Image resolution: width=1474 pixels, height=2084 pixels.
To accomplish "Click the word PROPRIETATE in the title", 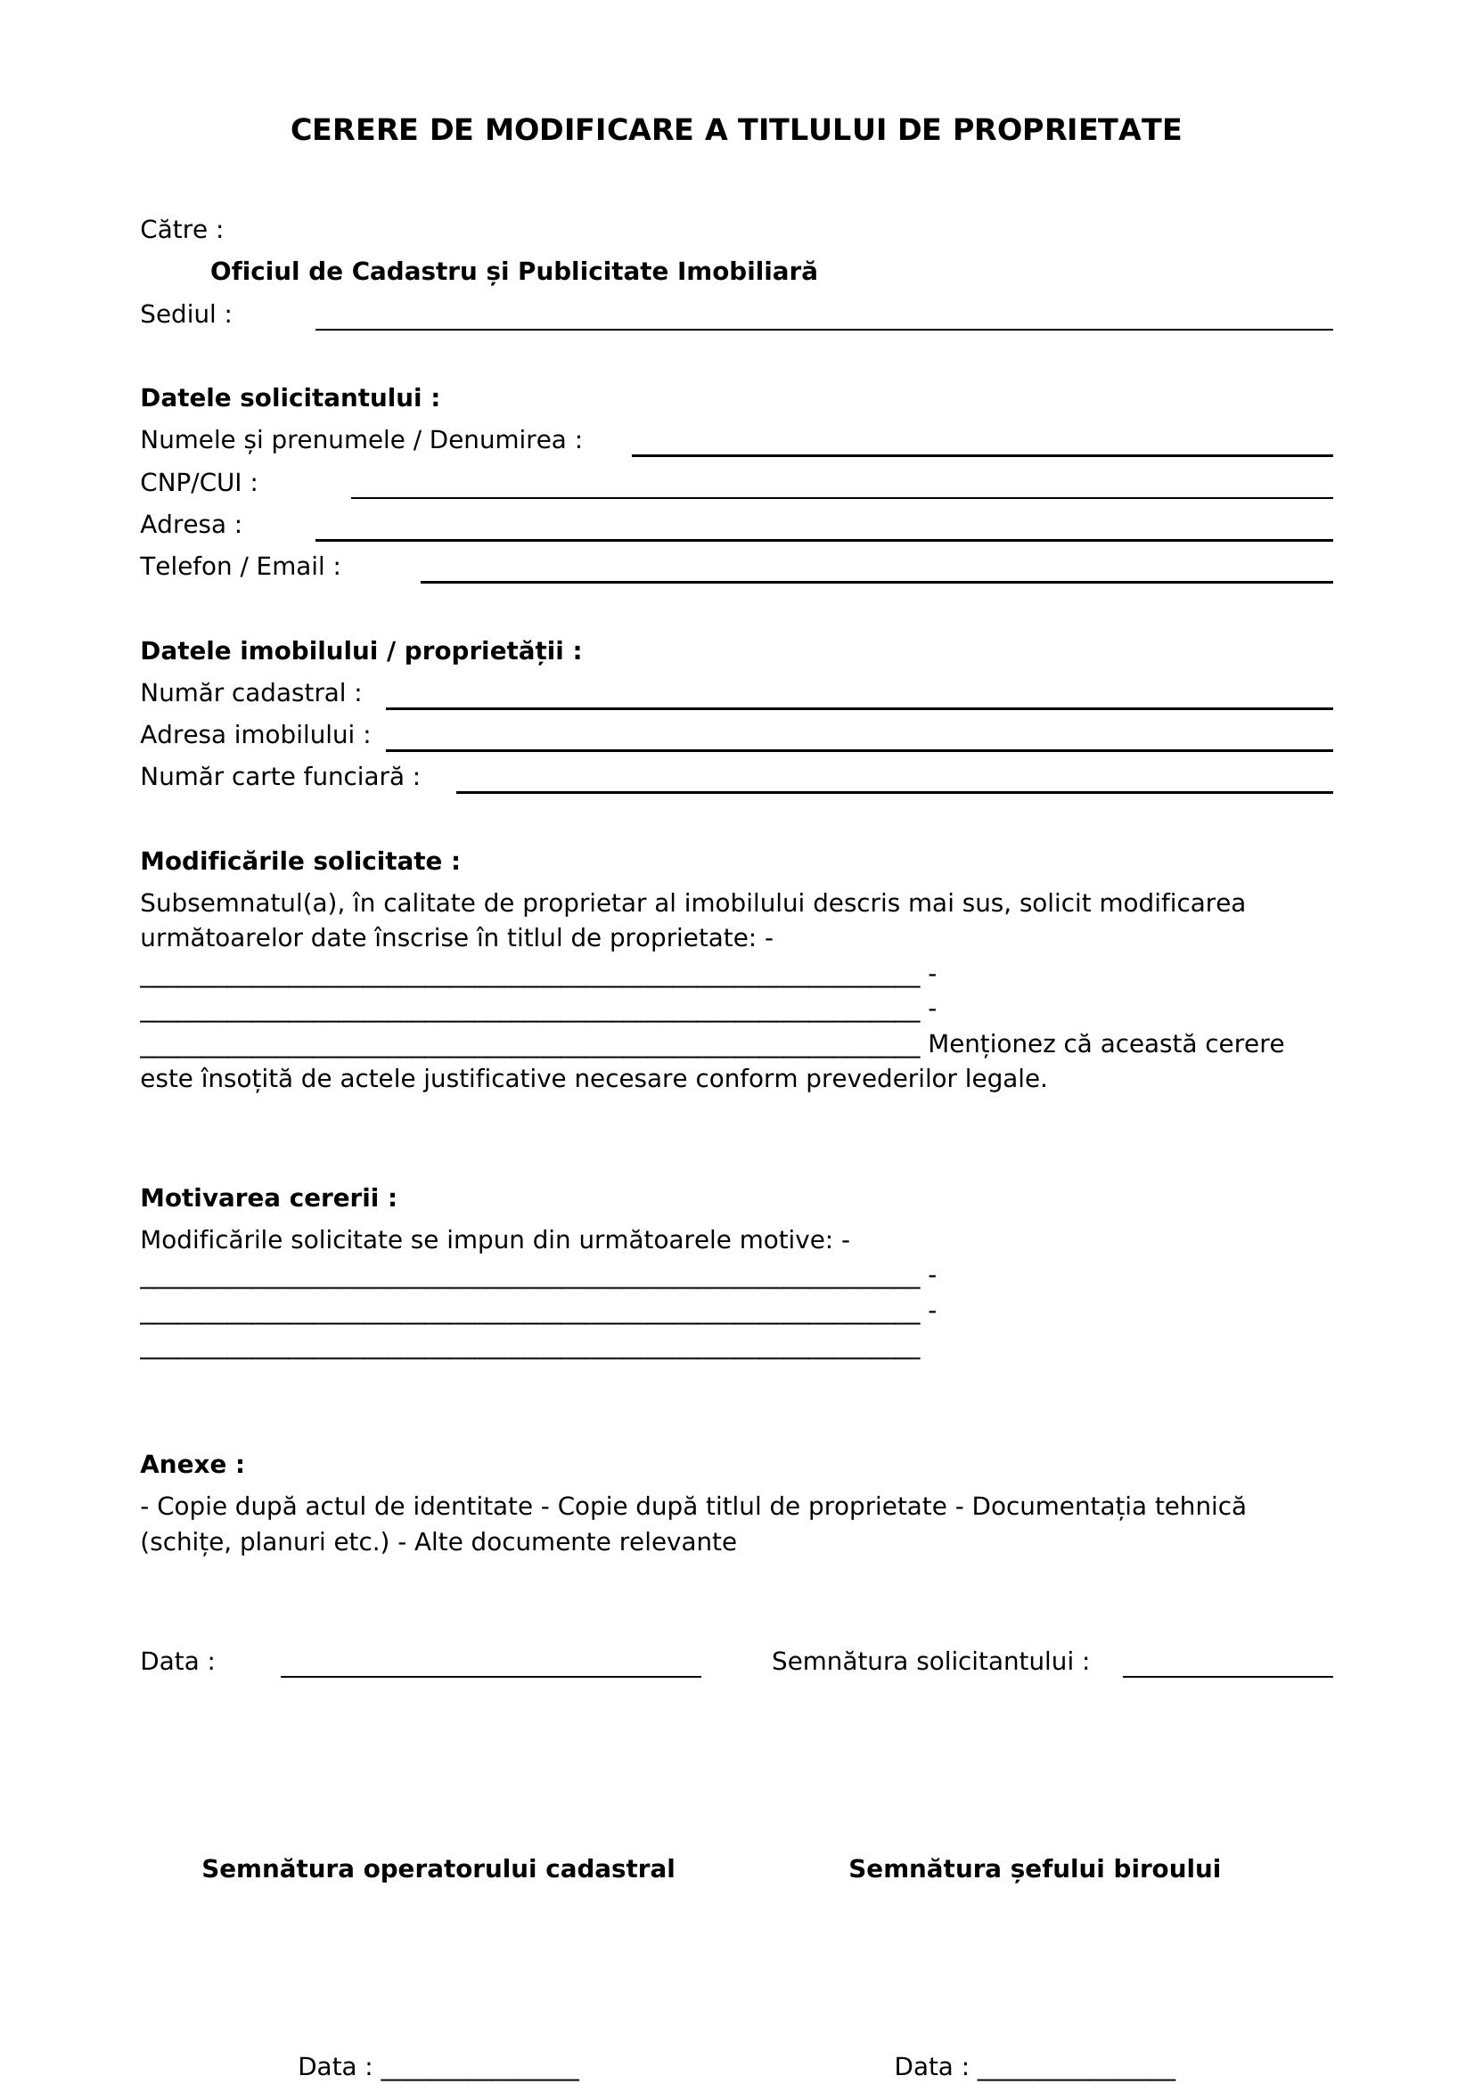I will pos(1067,131).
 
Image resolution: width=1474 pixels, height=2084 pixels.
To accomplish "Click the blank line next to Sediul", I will pos(823,322).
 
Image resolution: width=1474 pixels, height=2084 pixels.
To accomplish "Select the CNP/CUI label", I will pos(199,483).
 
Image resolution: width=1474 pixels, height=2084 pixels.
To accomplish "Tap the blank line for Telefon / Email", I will pos(876,574).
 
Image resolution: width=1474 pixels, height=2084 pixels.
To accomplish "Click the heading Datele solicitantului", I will pos(290,398).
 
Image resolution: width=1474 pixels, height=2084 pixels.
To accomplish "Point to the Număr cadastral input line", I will pos(858,699).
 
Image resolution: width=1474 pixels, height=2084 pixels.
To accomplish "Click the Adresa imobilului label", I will pos(255,735).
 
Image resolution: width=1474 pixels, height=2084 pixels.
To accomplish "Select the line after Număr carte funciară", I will pos(894,784).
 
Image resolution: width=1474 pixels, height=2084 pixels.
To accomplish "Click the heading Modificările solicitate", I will pos(299,862).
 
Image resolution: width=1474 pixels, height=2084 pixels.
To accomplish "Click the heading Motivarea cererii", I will pos(267,1198).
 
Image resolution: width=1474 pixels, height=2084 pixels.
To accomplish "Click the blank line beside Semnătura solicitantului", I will pos(1227,1669).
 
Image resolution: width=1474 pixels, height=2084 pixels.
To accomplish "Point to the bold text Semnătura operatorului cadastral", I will pos(438,1870).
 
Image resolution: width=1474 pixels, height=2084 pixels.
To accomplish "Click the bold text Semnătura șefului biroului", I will pos(1034,1870).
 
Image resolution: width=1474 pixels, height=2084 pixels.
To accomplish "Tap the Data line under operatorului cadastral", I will pos(479,2069).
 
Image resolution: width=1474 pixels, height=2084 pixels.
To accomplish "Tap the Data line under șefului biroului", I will pos(1076,2069).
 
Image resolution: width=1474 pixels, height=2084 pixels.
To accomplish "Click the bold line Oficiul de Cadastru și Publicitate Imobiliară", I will pos(513,272).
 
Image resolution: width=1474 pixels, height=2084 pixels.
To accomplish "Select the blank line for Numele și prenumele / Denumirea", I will pos(981,447).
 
